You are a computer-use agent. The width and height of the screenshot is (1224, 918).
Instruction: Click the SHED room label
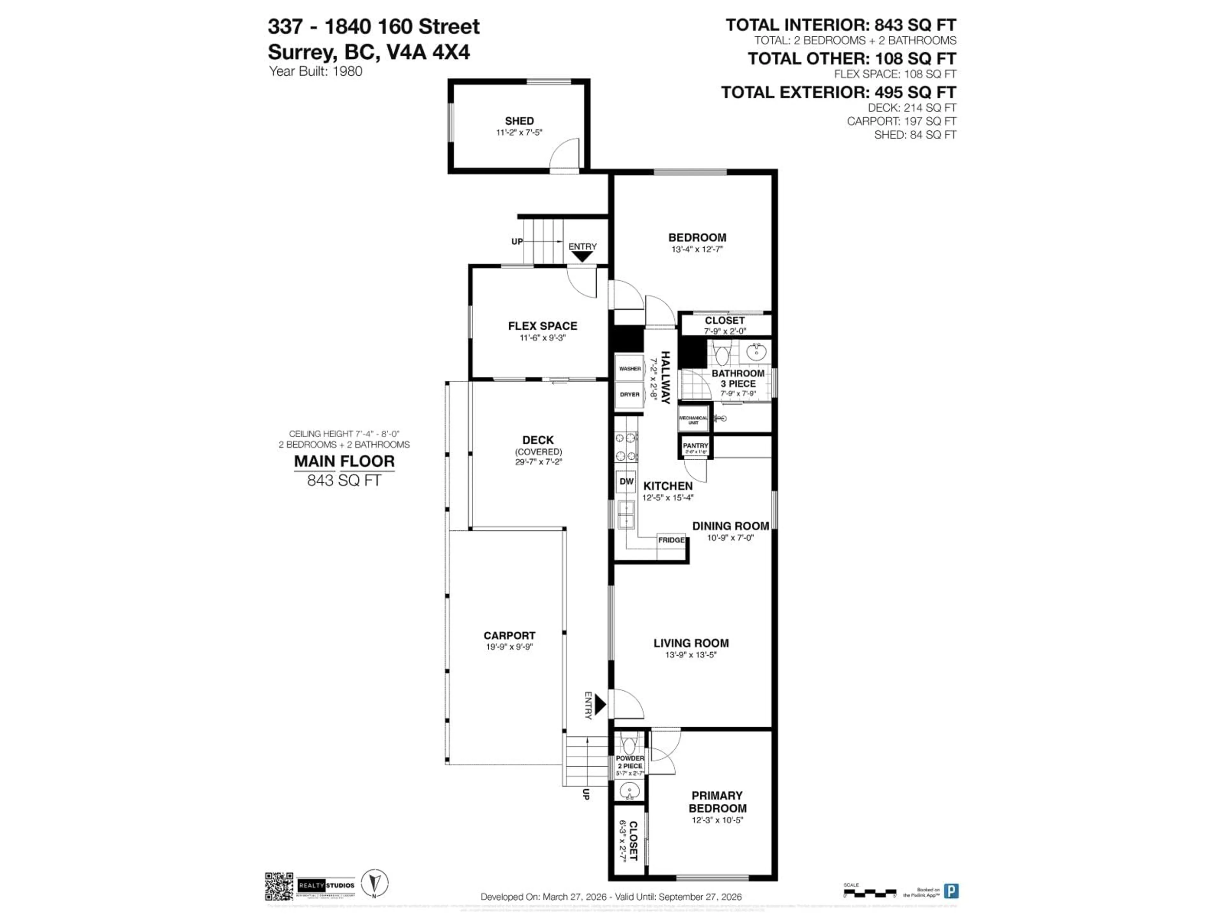pyautogui.click(x=519, y=120)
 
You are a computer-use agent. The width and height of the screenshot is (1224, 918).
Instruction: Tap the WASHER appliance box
pyautogui.click(x=630, y=368)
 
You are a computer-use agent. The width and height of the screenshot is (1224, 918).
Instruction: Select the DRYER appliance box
pyautogui.click(x=630, y=395)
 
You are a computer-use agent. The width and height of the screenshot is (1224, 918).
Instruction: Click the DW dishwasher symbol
pyautogui.click(x=626, y=481)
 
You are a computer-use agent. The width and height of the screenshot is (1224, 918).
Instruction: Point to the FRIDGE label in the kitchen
pyautogui.click(x=671, y=540)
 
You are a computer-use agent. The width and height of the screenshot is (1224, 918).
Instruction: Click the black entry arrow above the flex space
pyautogui.click(x=582, y=257)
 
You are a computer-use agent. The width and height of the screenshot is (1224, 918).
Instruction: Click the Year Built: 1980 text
pyautogui.click(x=316, y=71)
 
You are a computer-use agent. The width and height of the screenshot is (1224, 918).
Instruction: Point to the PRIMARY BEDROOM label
pyautogui.click(x=717, y=802)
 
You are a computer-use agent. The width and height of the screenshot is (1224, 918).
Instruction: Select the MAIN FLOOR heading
pyautogui.click(x=344, y=461)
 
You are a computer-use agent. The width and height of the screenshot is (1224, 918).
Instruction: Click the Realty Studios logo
pyautogui.click(x=326, y=886)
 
